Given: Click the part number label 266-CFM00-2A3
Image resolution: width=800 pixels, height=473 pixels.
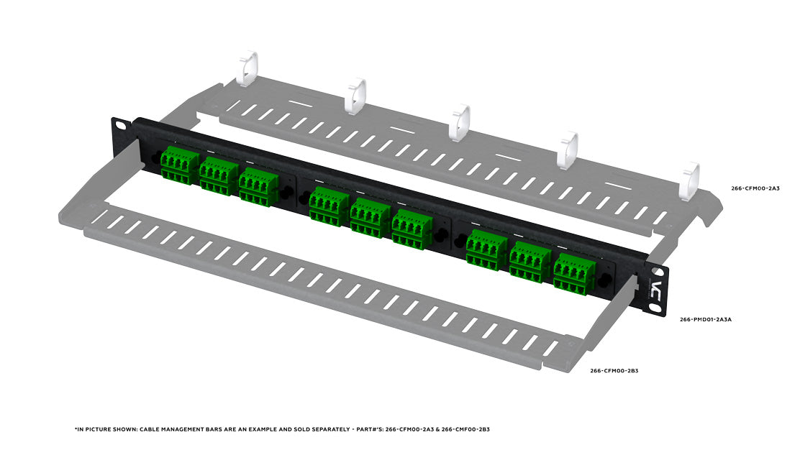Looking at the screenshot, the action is click(755, 188).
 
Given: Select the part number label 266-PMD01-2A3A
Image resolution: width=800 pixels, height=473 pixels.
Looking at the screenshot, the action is click(706, 320).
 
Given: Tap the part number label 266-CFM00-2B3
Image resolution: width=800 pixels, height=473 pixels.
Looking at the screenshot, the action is click(614, 370).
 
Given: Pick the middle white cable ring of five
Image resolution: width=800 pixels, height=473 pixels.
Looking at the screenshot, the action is click(460, 122).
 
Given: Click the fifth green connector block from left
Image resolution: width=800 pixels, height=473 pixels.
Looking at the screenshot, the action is click(370, 218).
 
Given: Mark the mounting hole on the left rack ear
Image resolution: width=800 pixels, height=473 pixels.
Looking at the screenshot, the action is click(121, 125).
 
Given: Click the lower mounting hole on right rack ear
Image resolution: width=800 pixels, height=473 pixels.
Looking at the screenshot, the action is click(655, 308).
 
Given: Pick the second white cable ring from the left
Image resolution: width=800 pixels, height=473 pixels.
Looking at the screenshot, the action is click(355, 96).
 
